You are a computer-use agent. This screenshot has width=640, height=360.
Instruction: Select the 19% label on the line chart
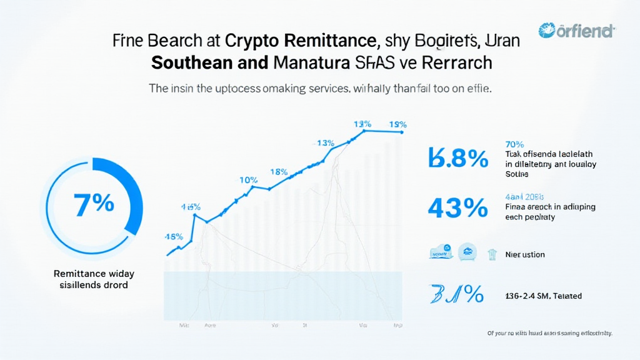397,124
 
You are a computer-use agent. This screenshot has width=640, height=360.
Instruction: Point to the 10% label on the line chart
248,180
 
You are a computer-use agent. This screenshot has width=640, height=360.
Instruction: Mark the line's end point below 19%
403,132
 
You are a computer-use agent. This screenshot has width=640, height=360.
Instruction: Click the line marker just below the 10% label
254,186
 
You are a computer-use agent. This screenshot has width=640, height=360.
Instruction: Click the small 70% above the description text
515,144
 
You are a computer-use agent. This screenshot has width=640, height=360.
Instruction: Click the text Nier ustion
525,254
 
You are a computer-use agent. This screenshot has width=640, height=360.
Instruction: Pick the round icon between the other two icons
466,252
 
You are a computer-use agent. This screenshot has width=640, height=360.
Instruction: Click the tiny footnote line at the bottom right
549,334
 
